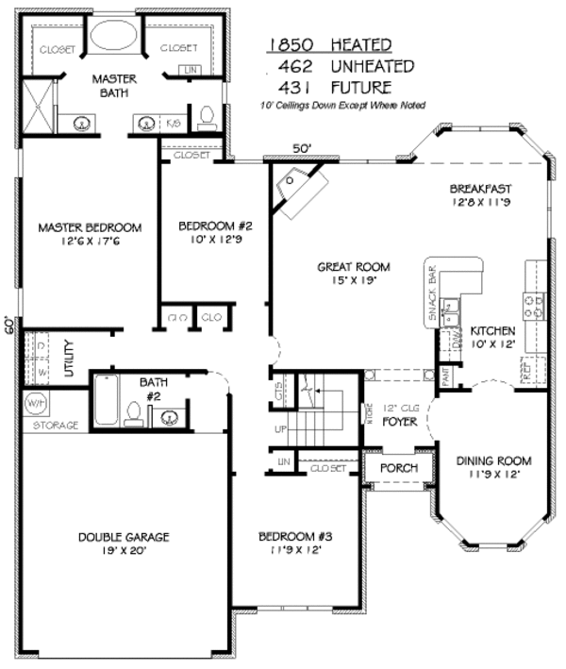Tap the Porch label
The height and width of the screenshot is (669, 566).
pyautogui.click(x=398, y=468)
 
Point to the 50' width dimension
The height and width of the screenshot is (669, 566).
pyautogui.click(x=301, y=148)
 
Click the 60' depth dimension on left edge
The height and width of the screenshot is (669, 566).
pyautogui.click(x=8, y=326)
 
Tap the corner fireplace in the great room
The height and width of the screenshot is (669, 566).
pyautogui.click(x=300, y=184)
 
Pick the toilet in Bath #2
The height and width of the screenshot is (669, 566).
pyautogui.click(x=134, y=413)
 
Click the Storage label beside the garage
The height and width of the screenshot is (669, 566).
pyautogui.click(x=56, y=426)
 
